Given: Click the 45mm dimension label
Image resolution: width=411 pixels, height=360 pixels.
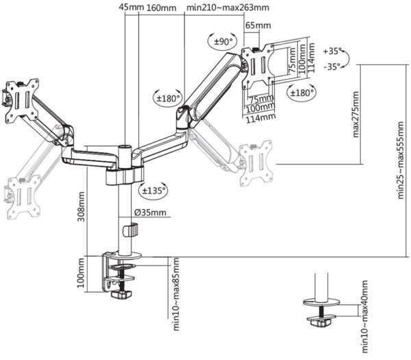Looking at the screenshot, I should (132, 7).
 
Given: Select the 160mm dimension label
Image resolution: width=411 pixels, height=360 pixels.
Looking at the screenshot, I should (162, 7).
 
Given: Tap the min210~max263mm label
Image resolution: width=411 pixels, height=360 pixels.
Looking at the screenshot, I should (227, 7).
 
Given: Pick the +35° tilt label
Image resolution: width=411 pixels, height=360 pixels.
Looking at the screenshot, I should (331, 51).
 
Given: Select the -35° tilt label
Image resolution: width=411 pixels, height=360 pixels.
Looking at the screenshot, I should (331, 67).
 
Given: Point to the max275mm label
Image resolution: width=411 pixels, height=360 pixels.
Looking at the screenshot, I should (356, 114).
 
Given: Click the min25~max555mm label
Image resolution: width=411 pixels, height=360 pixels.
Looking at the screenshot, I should (401, 158).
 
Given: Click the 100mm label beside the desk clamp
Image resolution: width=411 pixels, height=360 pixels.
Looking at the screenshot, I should (82, 274).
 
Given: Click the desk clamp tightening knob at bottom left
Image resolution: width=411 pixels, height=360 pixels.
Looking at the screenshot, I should (122, 296).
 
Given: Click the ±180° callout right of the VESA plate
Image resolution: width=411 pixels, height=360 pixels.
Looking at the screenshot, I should (301, 92).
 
